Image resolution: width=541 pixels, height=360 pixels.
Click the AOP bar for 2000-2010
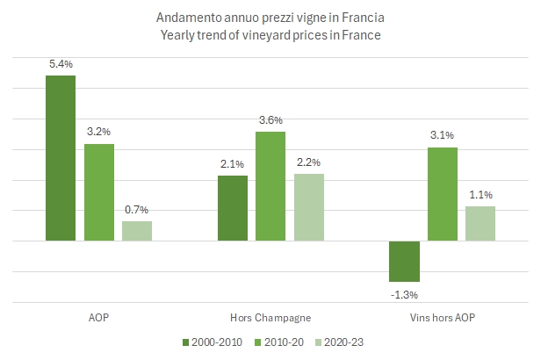[x=61, y=158]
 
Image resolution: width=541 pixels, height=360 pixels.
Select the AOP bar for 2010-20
[x=99, y=191]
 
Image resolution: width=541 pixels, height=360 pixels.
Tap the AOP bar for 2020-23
[x=137, y=230]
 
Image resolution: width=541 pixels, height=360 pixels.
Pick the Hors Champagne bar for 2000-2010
[x=232, y=208]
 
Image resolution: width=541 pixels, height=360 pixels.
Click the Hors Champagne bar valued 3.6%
[x=270, y=185]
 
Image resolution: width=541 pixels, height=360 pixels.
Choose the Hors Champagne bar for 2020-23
[x=308, y=207]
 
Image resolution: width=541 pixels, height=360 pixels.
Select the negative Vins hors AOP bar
[x=404, y=261]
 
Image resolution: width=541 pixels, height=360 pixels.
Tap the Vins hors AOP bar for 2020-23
[x=480, y=223]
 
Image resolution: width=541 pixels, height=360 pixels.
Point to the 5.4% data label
[x=61, y=63]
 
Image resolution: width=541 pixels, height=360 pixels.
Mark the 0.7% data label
[x=137, y=209]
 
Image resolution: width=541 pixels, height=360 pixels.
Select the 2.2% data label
[x=308, y=162]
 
